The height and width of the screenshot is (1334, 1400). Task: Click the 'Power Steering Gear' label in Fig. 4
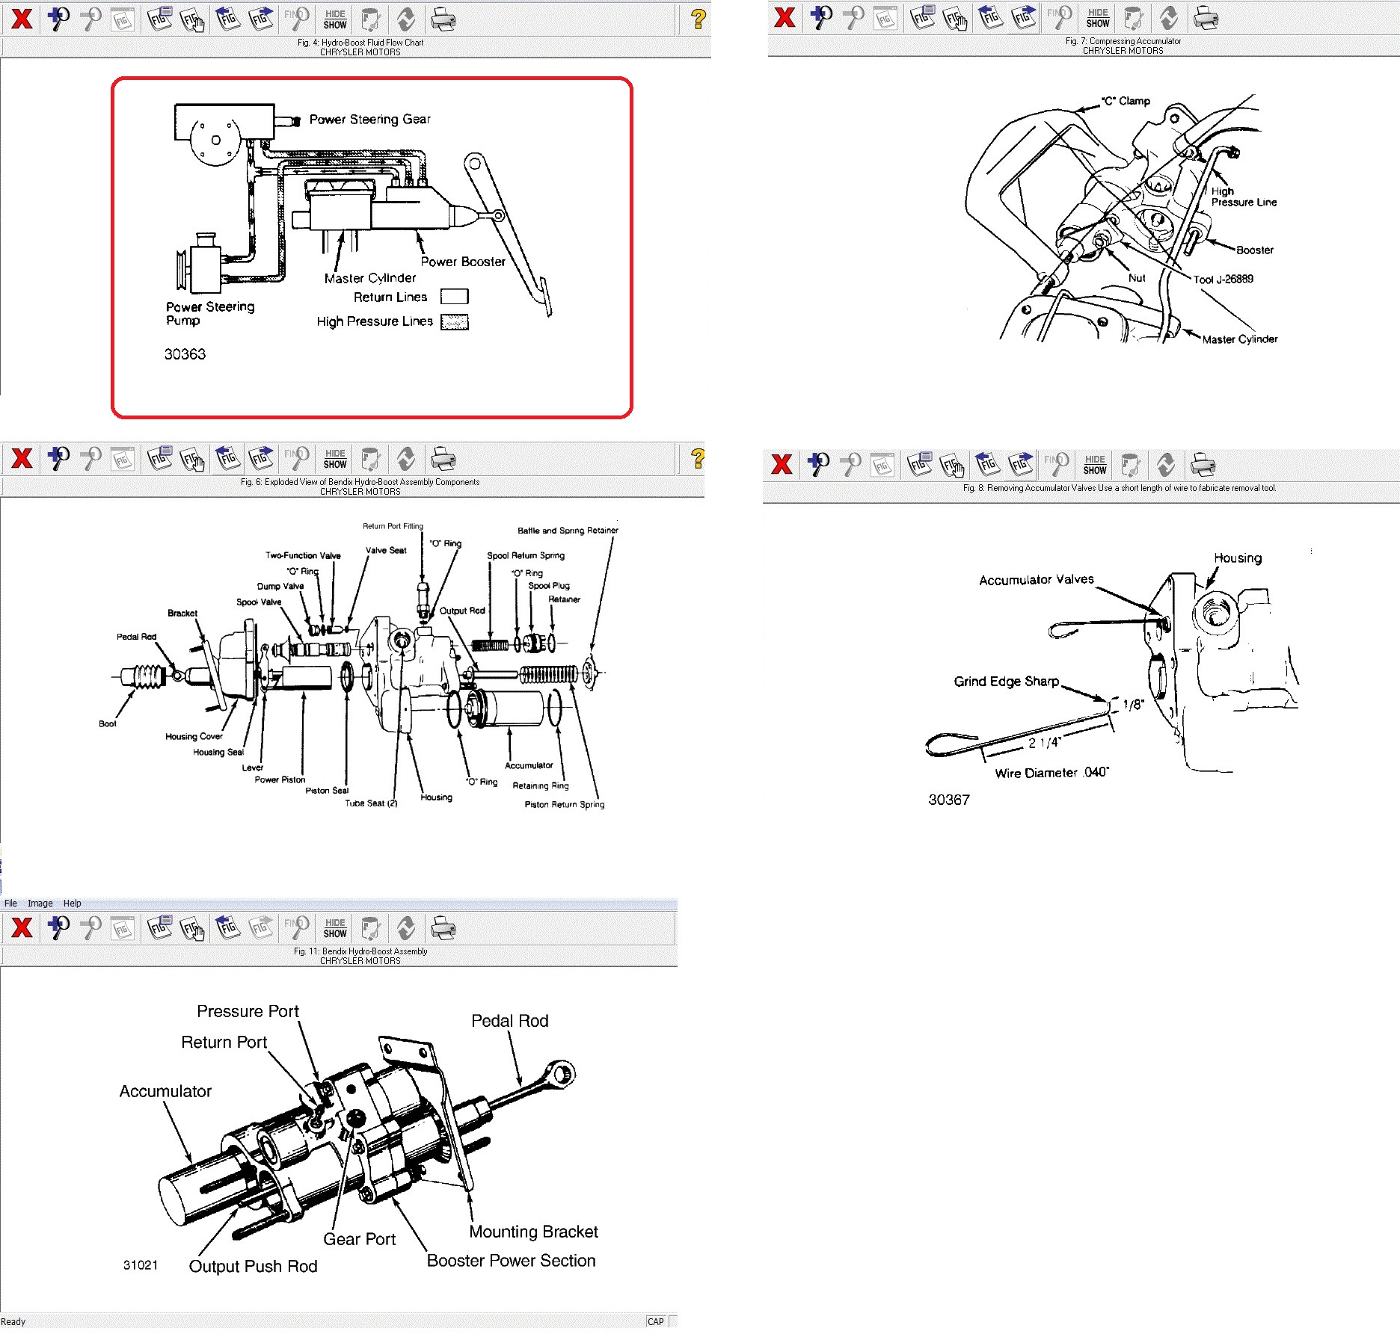click(369, 120)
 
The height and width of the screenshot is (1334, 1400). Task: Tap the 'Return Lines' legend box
click(454, 297)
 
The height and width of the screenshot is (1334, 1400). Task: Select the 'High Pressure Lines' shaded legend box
click(454, 322)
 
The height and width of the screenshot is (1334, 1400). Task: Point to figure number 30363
click(185, 354)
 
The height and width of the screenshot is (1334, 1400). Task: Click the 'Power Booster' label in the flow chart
click(463, 262)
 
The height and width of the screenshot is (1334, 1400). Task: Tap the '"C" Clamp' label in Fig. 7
click(1126, 101)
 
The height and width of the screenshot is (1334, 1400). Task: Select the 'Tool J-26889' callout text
click(1223, 280)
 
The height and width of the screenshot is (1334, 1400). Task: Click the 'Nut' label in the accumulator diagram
click(1137, 278)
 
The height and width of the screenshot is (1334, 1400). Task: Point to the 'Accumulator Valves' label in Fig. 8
click(1037, 580)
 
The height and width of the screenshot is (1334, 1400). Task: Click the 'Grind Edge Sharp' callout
click(1007, 682)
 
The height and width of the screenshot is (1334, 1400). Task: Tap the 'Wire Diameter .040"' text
click(1052, 773)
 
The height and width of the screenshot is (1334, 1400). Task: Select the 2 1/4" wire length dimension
click(1045, 743)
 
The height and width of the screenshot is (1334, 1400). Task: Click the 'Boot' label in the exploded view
click(108, 723)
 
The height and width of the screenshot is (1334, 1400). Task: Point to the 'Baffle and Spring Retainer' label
click(568, 531)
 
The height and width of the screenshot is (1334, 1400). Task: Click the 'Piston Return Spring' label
click(565, 804)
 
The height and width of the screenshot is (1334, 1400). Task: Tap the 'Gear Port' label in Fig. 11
click(359, 1239)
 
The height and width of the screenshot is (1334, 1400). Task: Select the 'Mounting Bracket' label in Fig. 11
click(533, 1232)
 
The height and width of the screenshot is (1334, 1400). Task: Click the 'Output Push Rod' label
click(253, 1266)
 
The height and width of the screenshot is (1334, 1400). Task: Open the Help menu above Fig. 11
click(72, 904)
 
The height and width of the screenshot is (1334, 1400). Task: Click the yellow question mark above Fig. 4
click(698, 19)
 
